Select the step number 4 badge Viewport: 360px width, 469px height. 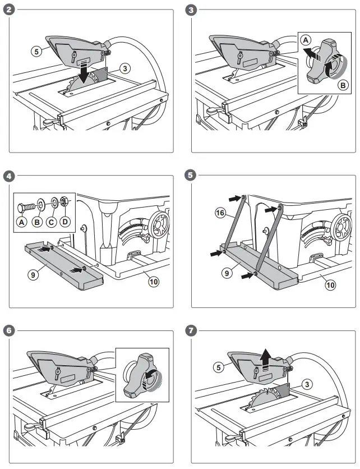click(8, 175)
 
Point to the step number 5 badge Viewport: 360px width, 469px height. click(191, 175)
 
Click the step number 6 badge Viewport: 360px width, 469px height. click(8, 330)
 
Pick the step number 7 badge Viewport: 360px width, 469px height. click(191, 330)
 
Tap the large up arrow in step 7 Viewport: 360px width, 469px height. click(266, 359)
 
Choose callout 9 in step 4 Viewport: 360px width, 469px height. click(37, 275)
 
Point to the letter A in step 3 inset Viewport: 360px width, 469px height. click(304, 40)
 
